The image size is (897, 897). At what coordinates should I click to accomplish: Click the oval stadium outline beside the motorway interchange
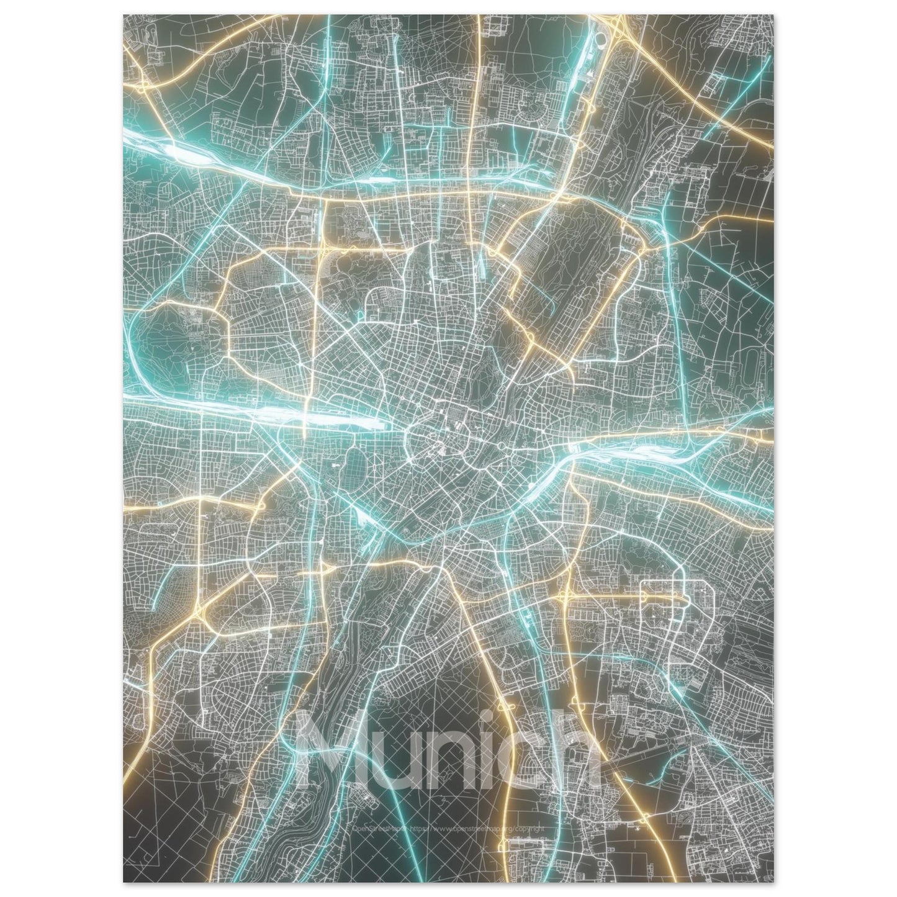click(601, 41)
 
